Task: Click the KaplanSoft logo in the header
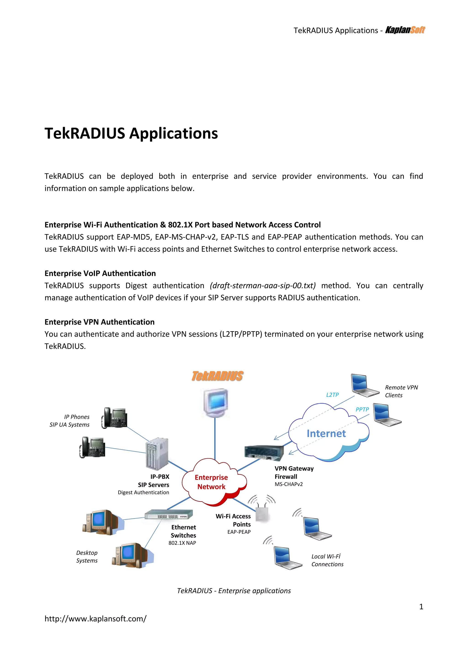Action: tap(405, 30)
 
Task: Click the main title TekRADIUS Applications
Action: tap(131, 133)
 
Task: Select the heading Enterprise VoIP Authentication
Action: tap(100, 273)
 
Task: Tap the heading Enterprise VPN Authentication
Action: tap(99, 322)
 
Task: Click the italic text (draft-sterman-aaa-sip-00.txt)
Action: tap(263, 286)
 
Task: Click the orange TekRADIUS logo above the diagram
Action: tap(217, 376)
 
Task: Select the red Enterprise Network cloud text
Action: tap(211, 482)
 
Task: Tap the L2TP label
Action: tap(332, 395)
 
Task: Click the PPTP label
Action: tap(362, 409)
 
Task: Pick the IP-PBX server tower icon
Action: tap(157, 454)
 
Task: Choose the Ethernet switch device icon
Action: tap(169, 514)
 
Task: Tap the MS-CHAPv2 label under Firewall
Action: tap(288, 484)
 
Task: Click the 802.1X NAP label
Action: tap(182, 543)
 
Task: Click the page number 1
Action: tap(421, 607)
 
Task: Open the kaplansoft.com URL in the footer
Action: tap(95, 619)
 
